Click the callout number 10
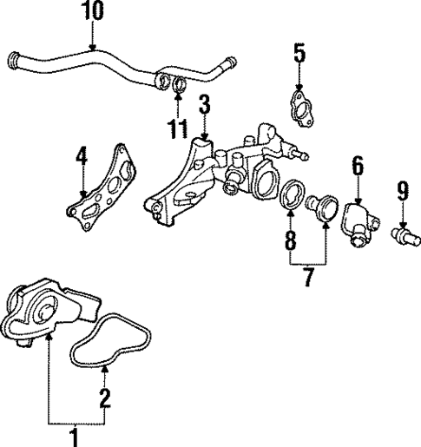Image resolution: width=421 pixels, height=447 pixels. click(x=92, y=12)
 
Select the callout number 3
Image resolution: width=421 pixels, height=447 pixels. click(x=204, y=107)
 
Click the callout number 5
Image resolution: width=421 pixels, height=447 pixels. click(x=299, y=54)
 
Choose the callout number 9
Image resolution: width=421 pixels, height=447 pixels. click(x=307, y=279)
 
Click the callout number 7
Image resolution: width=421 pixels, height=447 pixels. click(x=402, y=188)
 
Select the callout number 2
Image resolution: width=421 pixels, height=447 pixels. click(x=105, y=398)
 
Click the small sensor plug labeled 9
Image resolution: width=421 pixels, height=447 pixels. click(x=403, y=233)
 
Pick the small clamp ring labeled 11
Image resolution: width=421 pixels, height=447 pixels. click(x=177, y=84)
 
